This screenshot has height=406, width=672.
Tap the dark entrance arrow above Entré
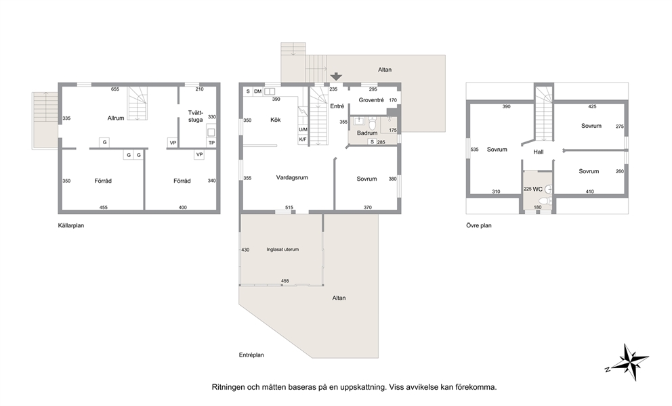337,76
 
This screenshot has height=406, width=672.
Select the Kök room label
276,120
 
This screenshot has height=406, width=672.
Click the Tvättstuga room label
195,116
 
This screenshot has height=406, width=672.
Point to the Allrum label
116,118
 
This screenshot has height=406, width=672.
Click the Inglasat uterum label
282,249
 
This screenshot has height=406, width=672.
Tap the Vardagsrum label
292,178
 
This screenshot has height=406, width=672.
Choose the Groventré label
371,100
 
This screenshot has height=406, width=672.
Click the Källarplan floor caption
70,225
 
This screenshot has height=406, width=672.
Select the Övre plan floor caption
479,225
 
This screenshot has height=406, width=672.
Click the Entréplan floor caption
251,355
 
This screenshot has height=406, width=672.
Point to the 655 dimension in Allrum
115,89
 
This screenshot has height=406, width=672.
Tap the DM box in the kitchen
257,91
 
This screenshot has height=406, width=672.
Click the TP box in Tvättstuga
211,143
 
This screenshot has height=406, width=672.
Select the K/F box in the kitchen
303,139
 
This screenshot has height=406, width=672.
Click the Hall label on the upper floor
539,152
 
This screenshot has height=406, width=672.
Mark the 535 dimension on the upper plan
474,150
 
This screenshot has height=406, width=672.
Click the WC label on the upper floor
537,189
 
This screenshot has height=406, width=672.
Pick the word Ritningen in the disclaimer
228,387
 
